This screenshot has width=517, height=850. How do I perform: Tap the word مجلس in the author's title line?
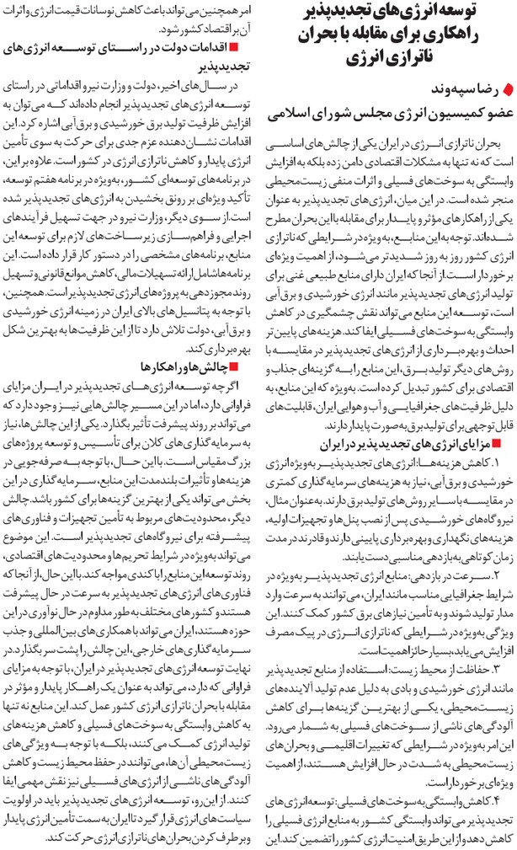348,110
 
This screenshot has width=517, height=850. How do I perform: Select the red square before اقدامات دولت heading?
246,49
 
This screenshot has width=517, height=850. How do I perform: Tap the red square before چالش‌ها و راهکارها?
246,367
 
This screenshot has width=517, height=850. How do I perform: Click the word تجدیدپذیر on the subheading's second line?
211,67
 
